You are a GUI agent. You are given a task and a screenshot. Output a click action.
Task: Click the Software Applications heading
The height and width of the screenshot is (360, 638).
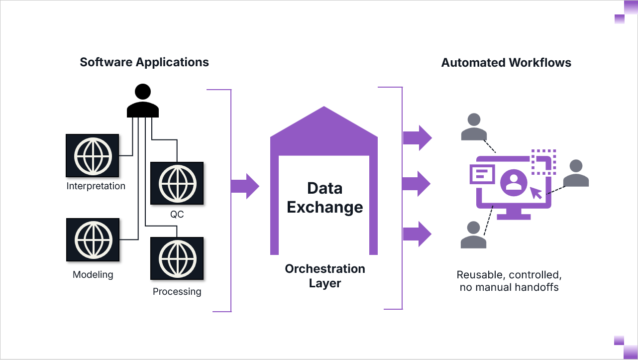point(144,62)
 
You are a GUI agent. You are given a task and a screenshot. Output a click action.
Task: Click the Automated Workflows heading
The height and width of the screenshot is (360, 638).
point(506,63)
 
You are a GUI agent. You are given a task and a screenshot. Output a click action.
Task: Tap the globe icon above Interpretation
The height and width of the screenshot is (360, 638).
point(92,155)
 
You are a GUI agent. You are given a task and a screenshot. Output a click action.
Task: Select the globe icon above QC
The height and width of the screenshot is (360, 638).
point(177,183)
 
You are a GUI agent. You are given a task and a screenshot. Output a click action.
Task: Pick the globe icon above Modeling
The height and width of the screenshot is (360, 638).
point(93,240)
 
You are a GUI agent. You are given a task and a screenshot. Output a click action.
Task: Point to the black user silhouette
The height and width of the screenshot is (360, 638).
point(143,101)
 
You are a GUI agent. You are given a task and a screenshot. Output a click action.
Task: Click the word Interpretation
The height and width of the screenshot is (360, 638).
point(96,186)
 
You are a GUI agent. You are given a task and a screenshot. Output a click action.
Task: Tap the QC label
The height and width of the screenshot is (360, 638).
point(177,215)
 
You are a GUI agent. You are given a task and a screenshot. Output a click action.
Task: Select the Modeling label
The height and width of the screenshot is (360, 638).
point(93,275)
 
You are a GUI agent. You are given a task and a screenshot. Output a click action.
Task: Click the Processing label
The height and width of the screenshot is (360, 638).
point(177,292)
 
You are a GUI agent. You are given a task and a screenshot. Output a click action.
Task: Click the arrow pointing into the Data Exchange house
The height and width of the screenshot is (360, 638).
point(245,186)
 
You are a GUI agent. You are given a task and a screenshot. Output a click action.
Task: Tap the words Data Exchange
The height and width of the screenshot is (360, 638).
point(325,198)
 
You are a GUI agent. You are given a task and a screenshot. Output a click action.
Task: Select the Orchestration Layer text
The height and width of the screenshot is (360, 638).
point(325,276)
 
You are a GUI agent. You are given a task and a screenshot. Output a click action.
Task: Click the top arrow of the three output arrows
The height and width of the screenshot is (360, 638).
point(417,137)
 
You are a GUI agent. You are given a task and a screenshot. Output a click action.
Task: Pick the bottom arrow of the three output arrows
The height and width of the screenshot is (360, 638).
point(417,234)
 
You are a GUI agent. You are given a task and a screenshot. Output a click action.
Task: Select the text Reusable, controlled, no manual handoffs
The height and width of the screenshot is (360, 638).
point(509,281)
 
